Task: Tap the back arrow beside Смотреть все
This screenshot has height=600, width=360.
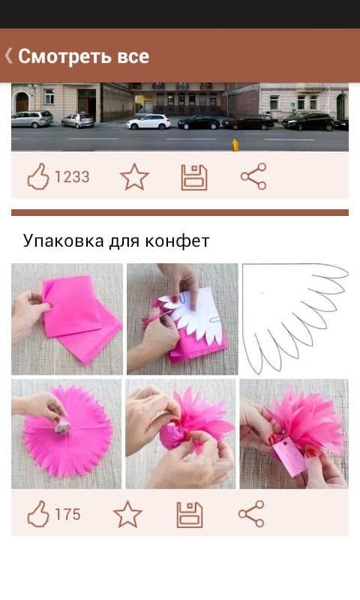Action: tap(8, 55)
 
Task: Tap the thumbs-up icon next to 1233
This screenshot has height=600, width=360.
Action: tap(38, 177)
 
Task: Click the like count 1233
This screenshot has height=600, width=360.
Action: tap(72, 177)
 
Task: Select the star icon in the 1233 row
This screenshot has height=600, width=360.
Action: tap(134, 177)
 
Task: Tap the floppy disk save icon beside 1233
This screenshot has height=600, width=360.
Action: tap(194, 178)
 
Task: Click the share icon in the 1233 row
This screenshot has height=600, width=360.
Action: tap(253, 176)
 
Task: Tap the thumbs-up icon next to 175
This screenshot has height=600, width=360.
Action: tap(38, 514)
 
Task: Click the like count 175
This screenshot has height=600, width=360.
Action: tap(67, 514)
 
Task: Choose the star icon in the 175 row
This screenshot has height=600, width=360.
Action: tap(127, 514)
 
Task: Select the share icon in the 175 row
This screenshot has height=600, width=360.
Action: tap(251, 514)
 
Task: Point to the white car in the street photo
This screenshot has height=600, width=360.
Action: tap(148, 121)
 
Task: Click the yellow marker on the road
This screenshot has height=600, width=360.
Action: tap(235, 145)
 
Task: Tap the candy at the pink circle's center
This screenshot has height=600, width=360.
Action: tap(63, 425)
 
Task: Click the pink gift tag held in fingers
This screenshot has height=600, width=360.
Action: tap(289, 457)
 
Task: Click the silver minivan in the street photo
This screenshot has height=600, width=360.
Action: tap(32, 119)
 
